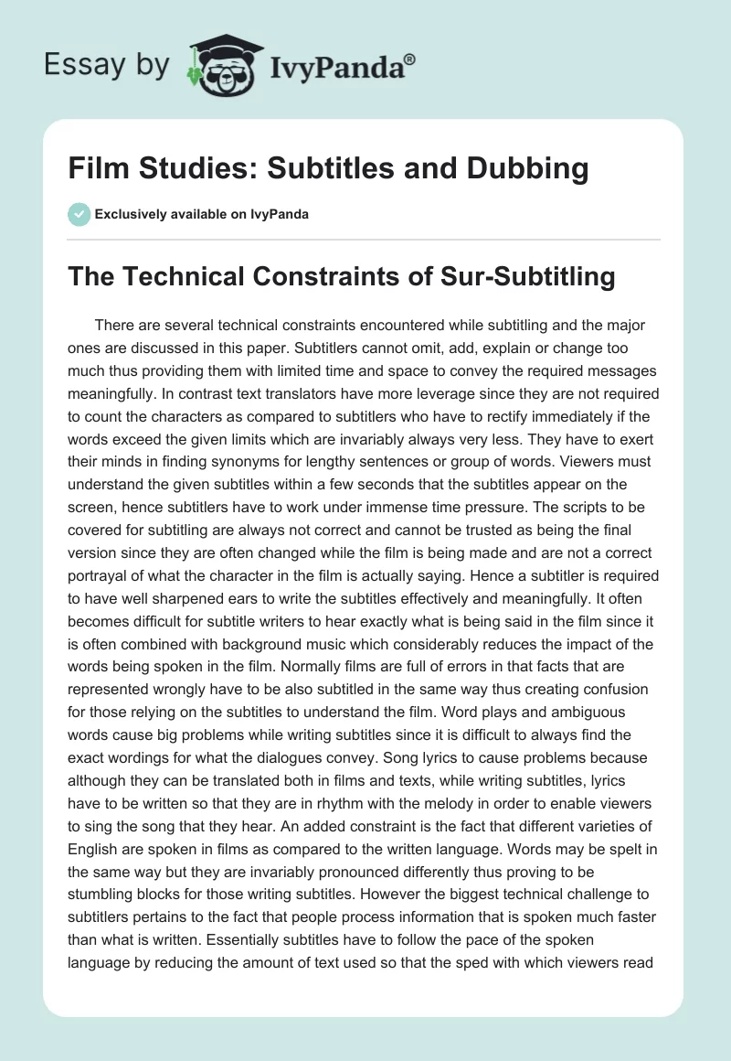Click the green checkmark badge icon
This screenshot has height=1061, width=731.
(x=79, y=214)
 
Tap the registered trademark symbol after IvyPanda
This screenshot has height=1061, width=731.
(x=410, y=59)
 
